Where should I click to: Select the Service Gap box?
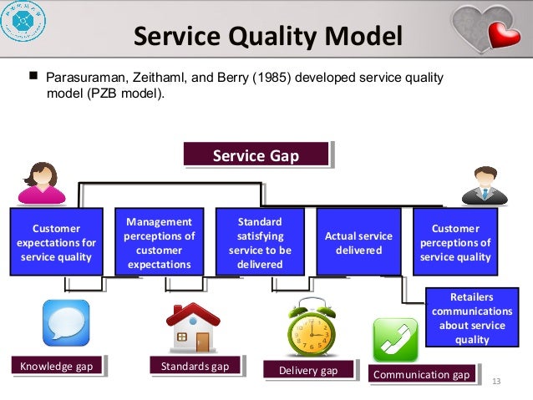[255, 155]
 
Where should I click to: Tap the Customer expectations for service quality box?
[56, 242]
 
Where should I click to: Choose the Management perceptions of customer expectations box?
[159, 243]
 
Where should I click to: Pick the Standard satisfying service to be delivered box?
[260, 243]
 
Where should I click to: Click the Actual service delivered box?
[358, 243]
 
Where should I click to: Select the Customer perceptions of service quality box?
[455, 242]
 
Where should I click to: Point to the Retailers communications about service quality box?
[472, 318]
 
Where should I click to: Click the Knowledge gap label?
[57, 365]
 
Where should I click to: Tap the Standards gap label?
[195, 365]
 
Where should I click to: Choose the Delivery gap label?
[307, 370]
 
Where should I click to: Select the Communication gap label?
[422, 375]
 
